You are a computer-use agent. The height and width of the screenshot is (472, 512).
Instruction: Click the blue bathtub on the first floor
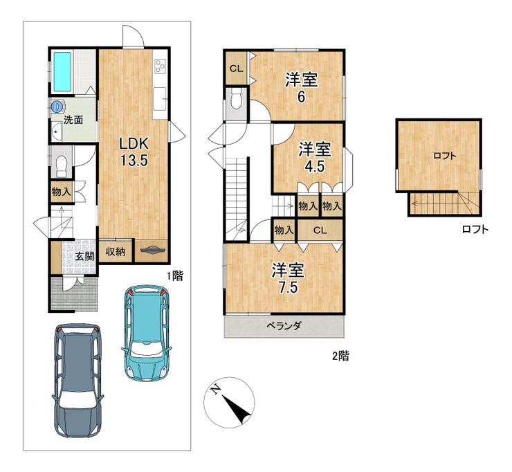tap(62, 71)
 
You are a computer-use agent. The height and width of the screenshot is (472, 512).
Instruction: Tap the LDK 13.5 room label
tap(134, 152)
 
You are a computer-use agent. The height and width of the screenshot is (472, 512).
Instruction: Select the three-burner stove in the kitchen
tap(161, 65)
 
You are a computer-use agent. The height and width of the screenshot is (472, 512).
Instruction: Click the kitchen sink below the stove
tap(160, 99)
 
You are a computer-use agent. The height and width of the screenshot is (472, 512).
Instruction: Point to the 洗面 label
tap(73, 120)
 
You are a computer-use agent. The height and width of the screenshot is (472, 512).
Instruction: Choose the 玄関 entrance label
tap(84, 256)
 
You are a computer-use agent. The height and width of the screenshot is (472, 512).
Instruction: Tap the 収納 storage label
tap(116, 251)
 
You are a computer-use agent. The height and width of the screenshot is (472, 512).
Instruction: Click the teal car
tap(147, 332)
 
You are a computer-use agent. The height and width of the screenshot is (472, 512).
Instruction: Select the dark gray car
tap(77, 381)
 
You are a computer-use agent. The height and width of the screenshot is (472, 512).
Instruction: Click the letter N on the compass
tap(215, 390)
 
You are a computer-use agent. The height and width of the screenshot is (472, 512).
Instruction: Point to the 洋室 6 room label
tap(302, 87)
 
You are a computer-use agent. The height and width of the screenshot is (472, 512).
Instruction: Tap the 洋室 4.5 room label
tap(315, 157)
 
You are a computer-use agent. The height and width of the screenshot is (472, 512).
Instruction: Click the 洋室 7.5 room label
tap(288, 278)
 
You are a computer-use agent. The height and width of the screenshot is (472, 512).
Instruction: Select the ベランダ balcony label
tap(284, 326)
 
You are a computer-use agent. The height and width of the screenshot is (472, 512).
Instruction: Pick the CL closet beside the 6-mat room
tap(236, 69)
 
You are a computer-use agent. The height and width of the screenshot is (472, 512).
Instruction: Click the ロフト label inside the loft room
tap(445, 156)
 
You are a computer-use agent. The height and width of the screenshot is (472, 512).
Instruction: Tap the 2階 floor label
tap(340, 356)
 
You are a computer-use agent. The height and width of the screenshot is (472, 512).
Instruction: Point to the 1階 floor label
tap(174, 276)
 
